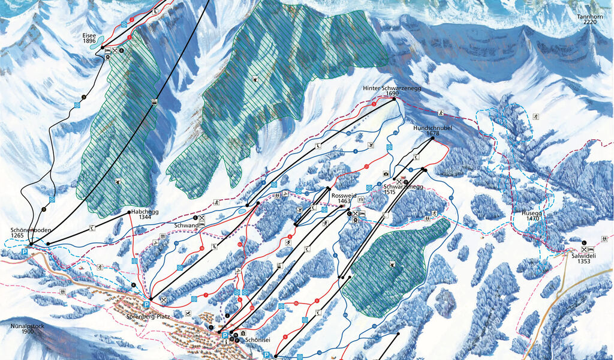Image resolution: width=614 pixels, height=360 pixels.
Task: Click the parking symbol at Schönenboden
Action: (x=25, y=253)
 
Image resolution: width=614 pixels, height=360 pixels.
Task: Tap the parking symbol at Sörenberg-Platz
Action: (x=145, y=305)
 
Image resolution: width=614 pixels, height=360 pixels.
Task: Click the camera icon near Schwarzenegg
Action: (x=386, y=174)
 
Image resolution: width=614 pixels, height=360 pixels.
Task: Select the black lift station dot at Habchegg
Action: (x=129, y=212)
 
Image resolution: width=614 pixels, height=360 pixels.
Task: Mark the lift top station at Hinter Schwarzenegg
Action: (x=395, y=100)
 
